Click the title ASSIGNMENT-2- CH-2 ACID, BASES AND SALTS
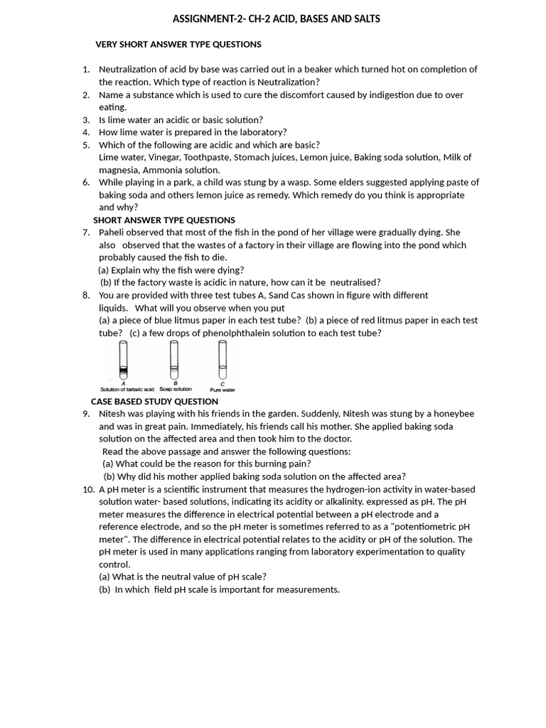(276, 19)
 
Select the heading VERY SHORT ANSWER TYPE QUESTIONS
(178, 44)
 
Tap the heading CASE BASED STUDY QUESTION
(154, 401)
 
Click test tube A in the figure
(123, 360)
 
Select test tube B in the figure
(174, 360)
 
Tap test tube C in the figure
(223, 360)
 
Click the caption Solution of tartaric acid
(127, 390)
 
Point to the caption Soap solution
(175, 390)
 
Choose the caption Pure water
(223, 390)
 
